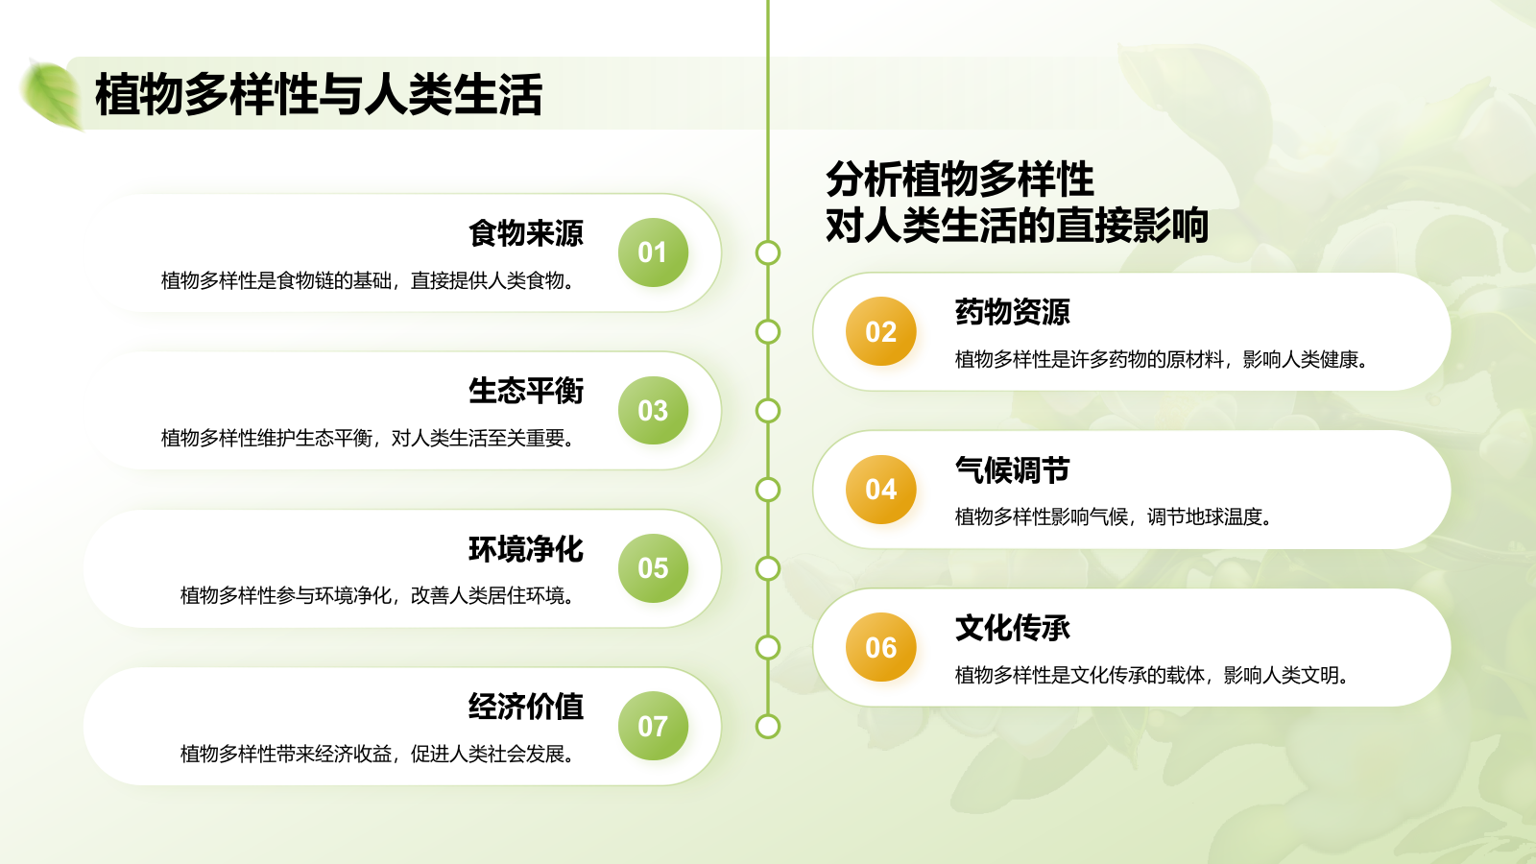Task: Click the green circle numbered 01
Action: tap(653, 252)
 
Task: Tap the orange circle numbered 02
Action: tap(880, 331)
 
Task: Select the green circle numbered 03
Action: tap(653, 411)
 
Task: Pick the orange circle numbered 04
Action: tap(880, 490)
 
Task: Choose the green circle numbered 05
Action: tap(653, 568)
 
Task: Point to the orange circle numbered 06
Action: tap(880, 647)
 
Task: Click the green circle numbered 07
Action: tap(653, 726)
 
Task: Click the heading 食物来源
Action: tap(526, 233)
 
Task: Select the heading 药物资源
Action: tap(1012, 312)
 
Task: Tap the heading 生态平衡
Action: tap(526, 391)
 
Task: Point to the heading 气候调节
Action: tap(1012, 470)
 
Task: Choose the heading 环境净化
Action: tap(526, 549)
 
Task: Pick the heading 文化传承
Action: tap(1012, 628)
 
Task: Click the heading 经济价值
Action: tap(526, 707)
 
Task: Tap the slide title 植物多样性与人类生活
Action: tap(319, 95)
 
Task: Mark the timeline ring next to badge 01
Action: tap(768, 252)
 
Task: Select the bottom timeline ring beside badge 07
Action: tap(768, 726)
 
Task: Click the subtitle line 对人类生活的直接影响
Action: tap(1016, 226)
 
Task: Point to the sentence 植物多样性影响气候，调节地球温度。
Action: tap(1114, 517)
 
